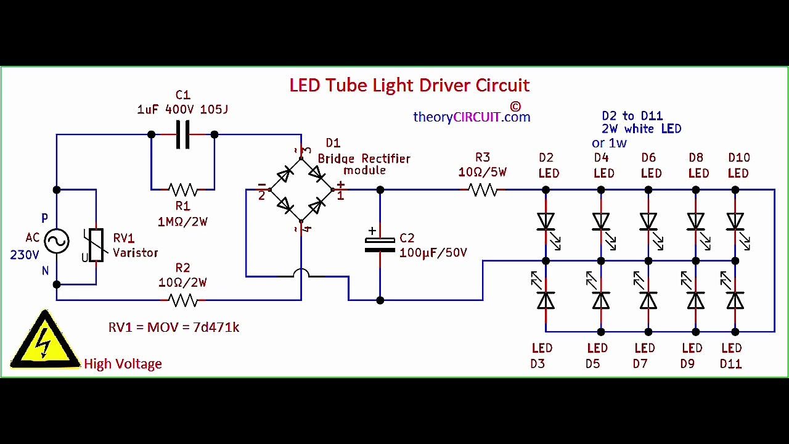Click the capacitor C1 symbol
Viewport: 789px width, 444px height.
tap(182, 134)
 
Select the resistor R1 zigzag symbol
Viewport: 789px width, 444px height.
tap(182, 189)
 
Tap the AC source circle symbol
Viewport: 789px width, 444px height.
tap(56, 241)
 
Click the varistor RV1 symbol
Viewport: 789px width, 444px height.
tap(96, 245)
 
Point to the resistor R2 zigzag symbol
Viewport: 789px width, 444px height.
tap(182, 300)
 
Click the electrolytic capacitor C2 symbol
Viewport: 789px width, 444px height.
tap(380, 245)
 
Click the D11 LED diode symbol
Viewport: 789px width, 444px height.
tap(735, 300)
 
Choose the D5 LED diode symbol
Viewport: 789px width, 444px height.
tap(601, 300)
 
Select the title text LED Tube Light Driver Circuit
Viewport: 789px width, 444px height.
tap(409, 85)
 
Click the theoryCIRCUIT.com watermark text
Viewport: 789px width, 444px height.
tap(472, 117)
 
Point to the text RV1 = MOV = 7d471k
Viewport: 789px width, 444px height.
tap(174, 327)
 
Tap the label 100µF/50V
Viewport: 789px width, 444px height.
tap(433, 252)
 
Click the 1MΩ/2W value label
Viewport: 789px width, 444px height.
tap(182, 221)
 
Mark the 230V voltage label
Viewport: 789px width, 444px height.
tap(25, 255)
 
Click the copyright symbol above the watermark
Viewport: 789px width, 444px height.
tap(515, 106)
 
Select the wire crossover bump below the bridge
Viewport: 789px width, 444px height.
tap(301, 274)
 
